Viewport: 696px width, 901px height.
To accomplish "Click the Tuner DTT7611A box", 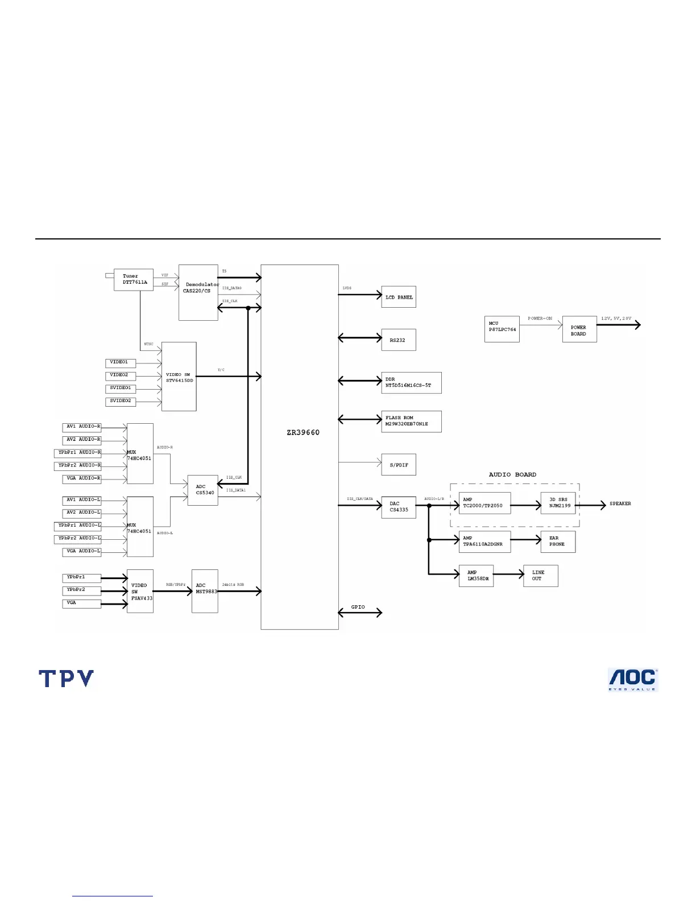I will click(134, 279).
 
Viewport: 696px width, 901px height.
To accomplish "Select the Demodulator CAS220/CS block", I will click(198, 292).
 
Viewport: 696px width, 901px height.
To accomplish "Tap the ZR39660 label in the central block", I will click(303, 432).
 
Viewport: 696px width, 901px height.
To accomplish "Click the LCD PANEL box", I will click(399, 297).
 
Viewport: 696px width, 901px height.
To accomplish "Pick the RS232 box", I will click(399, 340).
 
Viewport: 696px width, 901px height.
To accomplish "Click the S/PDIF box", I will click(399, 465).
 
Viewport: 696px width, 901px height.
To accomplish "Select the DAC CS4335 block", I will click(399, 507).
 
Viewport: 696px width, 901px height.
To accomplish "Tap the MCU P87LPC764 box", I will click(502, 329).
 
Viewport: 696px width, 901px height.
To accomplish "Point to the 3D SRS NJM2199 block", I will click(558, 503).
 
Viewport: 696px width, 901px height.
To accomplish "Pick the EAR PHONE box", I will click(558, 542).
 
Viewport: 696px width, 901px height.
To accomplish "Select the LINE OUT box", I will click(540, 576).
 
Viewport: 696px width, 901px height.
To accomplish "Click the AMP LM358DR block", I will click(477, 576).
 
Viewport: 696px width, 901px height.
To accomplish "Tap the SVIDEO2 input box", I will click(120, 401).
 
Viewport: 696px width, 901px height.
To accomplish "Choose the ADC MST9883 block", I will click(205, 591).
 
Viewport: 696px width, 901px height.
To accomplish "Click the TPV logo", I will click(66, 679).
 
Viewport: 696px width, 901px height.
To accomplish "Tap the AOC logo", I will click(633, 680).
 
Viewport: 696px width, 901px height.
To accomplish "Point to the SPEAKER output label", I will click(620, 504).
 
